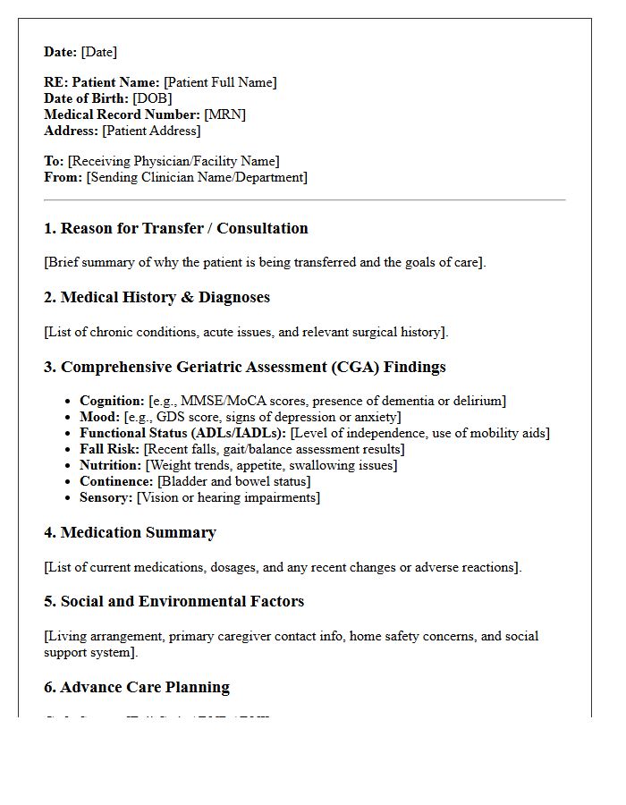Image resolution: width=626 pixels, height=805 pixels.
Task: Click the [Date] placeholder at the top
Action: click(x=98, y=52)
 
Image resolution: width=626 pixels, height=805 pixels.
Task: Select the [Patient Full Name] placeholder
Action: click(x=220, y=82)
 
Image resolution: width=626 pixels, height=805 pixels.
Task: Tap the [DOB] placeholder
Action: click(x=152, y=98)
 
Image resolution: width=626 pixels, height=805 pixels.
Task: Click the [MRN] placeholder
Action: click(x=224, y=114)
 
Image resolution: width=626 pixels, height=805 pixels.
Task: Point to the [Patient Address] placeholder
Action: click(x=151, y=131)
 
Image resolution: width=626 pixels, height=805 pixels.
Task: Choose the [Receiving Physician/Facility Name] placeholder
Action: click(x=173, y=161)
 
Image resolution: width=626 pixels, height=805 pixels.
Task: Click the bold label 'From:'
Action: click(x=63, y=177)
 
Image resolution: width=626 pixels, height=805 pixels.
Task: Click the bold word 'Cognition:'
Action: click(x=112, y=401)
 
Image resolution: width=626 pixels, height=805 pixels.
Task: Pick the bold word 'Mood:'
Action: click(x=99, y=417)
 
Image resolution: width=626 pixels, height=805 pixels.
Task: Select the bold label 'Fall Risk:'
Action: click(x=110, y=449)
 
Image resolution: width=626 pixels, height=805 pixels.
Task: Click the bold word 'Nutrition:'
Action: click(x=110, y=465)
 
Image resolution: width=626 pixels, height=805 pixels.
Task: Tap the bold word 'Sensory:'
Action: click(x=106, y=497)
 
